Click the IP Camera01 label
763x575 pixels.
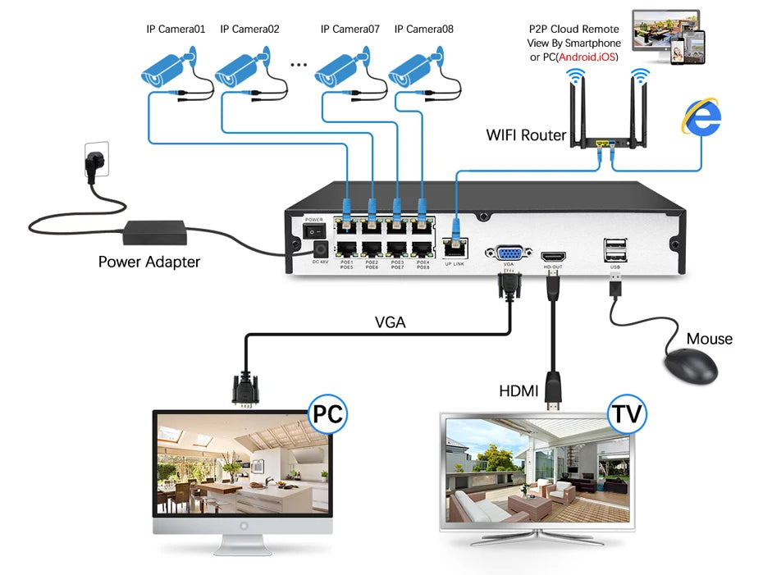176,29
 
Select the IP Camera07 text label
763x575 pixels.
350,29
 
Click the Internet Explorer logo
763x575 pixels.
701,117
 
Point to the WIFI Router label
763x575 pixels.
526,135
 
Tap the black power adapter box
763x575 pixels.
155,233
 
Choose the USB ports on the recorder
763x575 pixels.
615,249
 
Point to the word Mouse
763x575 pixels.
709,339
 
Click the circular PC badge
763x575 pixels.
327,413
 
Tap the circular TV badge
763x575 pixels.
626,413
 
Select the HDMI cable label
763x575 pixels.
519,391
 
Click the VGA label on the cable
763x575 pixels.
391,322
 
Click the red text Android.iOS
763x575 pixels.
587,57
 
